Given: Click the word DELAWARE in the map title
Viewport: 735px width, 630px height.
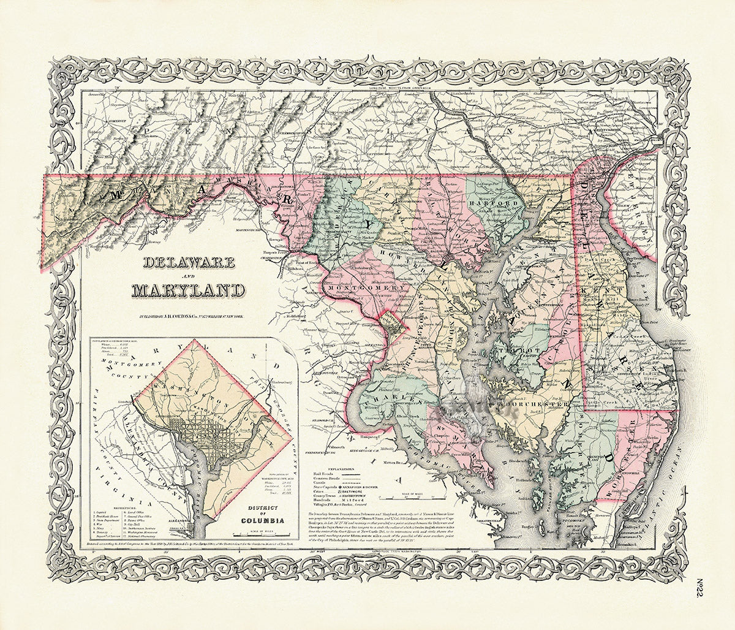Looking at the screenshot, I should point(189,263).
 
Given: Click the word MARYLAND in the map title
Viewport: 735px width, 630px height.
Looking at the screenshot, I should point(189,290).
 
